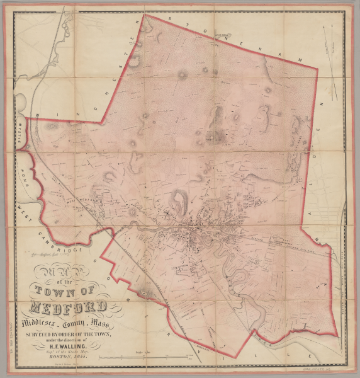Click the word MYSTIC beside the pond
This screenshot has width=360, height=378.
pos(18,134)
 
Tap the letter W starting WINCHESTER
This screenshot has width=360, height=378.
pos(38,115)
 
